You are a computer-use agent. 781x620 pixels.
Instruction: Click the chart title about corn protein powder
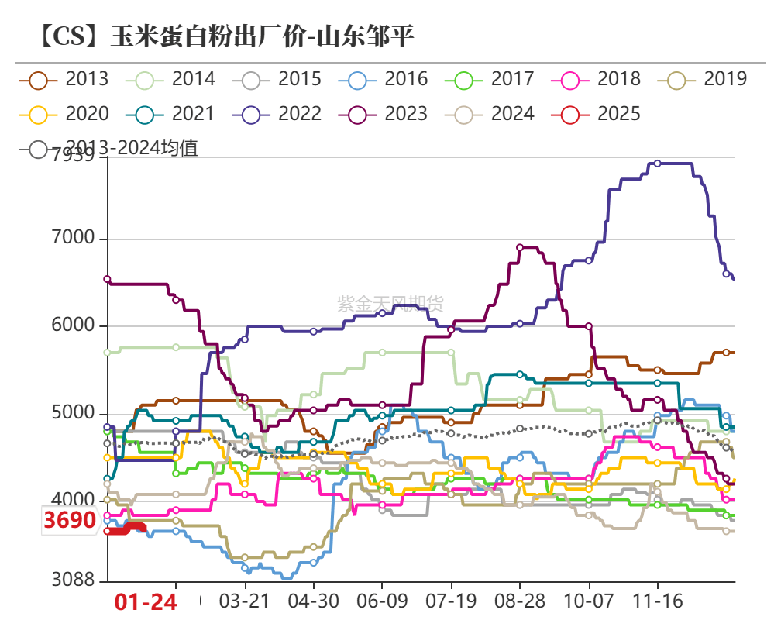(225, 36)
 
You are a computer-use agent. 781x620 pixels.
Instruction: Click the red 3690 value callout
(70, 520)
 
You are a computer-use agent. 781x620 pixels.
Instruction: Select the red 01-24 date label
(146, 601)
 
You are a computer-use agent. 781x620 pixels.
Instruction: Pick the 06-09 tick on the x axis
(382, 601)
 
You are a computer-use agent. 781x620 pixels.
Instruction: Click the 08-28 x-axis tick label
(520, 601)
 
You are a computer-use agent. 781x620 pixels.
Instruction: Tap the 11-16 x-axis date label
(657, 601)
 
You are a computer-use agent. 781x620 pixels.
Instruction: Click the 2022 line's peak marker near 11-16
(657, 164)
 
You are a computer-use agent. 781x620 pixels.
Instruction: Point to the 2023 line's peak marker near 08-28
(520, 247)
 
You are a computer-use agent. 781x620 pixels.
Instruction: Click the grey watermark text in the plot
(390, 303)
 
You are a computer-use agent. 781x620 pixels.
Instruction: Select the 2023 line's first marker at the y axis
(107, 279)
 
